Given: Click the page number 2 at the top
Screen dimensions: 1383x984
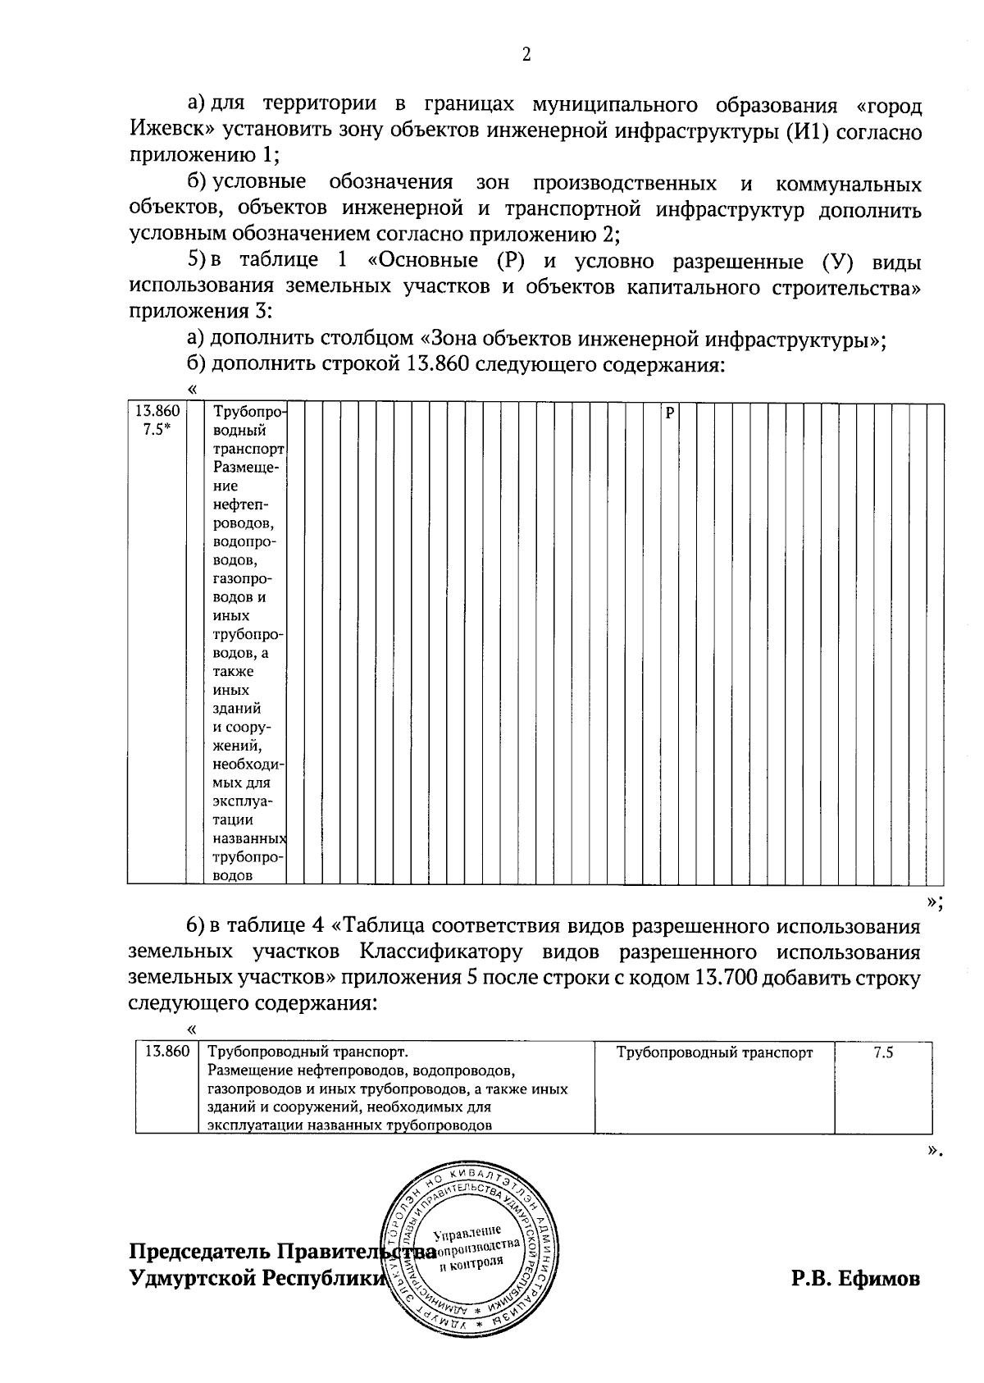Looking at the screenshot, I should [x=526, y=55].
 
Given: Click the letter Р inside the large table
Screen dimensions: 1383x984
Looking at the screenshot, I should [x=669, y=413].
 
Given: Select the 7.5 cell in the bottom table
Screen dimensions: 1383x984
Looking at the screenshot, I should [x=883, y=1053].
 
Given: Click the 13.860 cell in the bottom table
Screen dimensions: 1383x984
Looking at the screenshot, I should [x=166, y=1053].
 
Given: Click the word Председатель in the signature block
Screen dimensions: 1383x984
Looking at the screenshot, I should [x=199, y=1253].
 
